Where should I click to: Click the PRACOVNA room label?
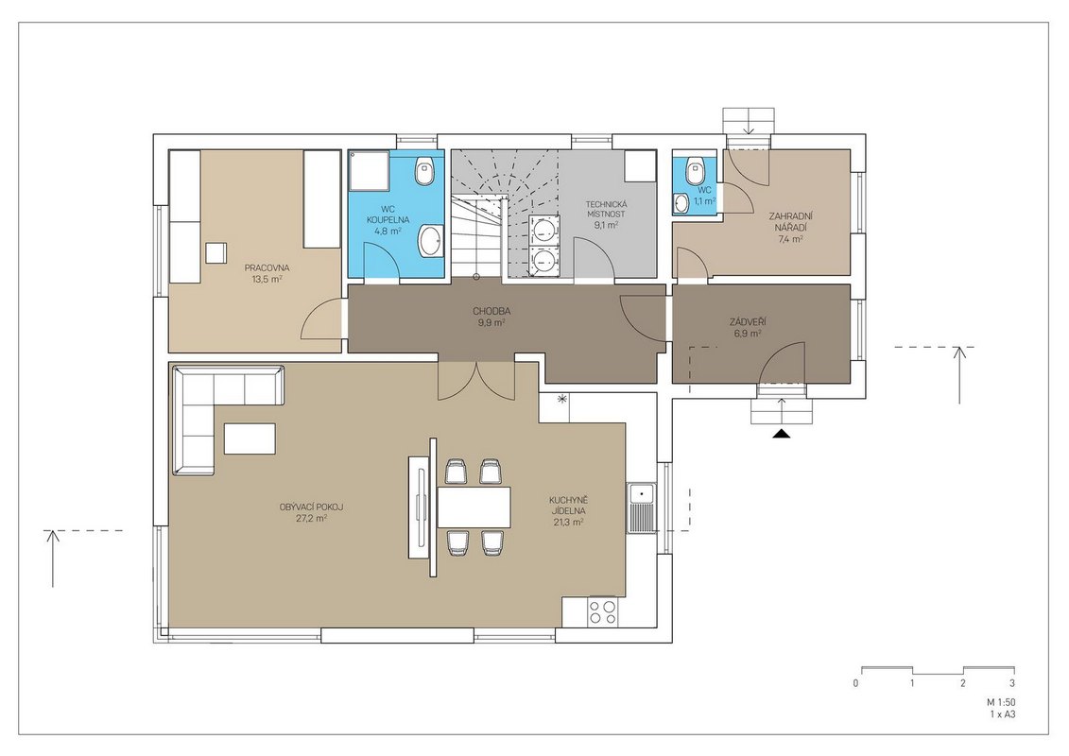267,267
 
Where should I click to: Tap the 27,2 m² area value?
312,518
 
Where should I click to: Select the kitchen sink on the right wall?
642,507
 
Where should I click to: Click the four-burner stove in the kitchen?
603,610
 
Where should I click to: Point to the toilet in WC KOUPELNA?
425,170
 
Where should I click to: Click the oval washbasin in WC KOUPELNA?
430,241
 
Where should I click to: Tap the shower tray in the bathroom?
369,171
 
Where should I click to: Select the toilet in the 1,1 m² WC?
696,169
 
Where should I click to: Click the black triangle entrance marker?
782,434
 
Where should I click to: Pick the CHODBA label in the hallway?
491,312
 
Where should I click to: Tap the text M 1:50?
1001,702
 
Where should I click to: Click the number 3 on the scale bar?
1012,683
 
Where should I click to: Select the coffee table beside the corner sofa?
250,438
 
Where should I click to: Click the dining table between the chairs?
474,507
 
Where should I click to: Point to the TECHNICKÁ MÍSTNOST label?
606,209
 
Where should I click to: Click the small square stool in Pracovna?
216,252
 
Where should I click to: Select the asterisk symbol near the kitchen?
561,399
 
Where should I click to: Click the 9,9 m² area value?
491,322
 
